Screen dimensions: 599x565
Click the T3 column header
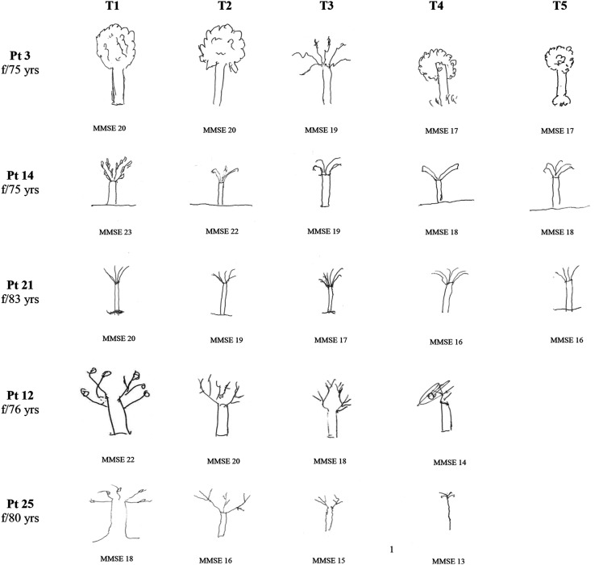[327, 6]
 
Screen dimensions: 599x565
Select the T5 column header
[559, 6]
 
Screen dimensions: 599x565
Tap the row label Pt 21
[20, 285]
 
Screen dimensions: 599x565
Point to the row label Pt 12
[20, 395]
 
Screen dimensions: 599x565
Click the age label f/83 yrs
[20, 299]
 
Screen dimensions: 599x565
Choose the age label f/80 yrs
[20, 518]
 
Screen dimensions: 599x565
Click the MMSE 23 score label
[115, 232]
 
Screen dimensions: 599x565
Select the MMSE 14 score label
[450, 463]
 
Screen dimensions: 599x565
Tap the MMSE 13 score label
[448, 561]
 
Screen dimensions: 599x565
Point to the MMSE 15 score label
[329, 560]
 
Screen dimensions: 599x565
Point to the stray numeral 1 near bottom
[392, 550]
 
